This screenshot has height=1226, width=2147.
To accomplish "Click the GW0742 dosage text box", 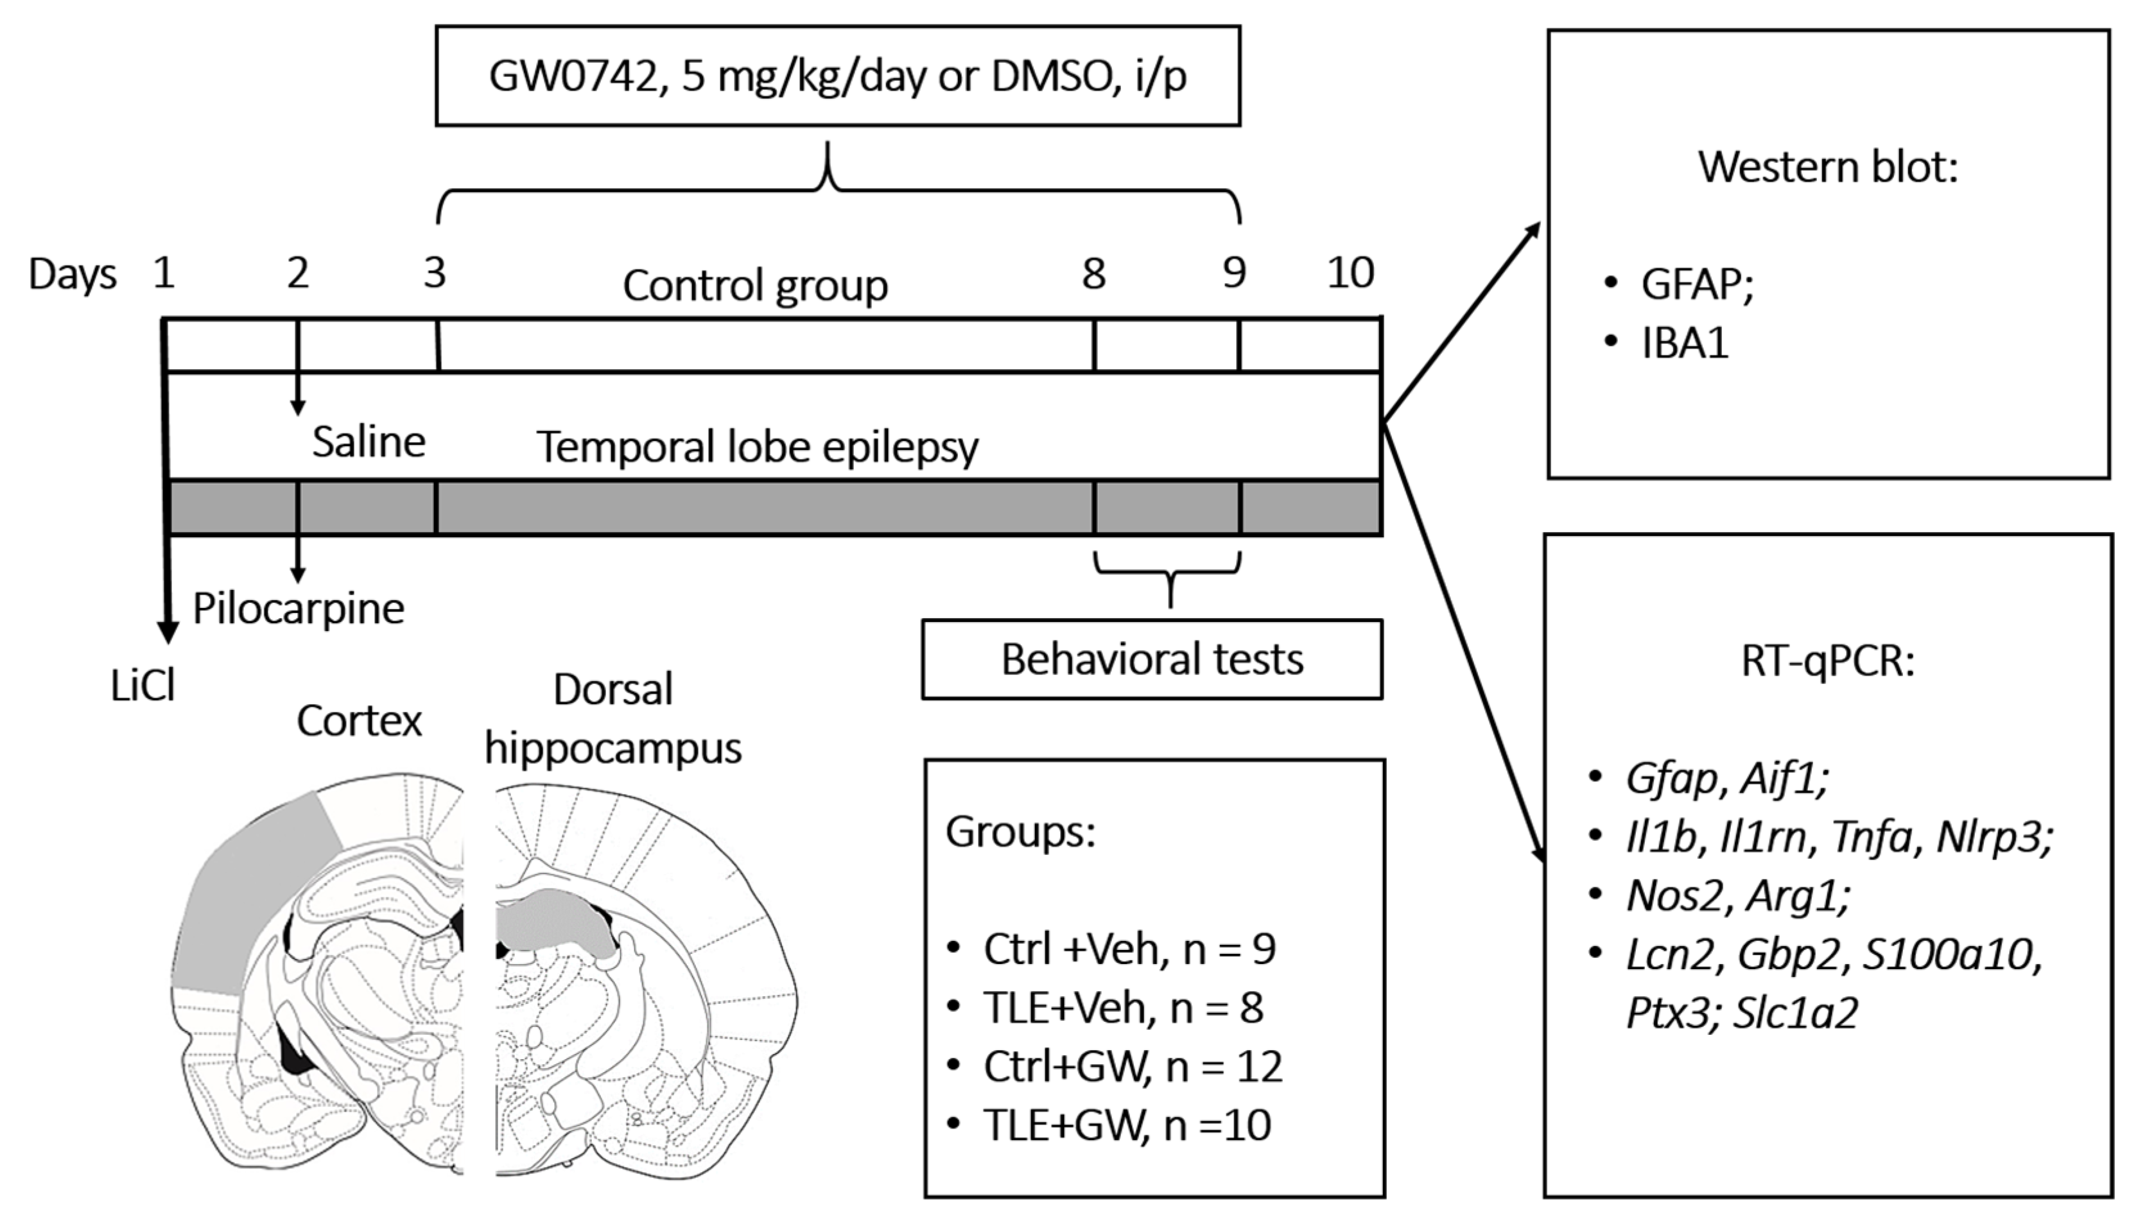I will click(837, 76).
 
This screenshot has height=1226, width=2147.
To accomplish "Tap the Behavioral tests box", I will click(1151, 659).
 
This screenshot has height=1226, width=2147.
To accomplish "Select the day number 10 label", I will click(1350, 273).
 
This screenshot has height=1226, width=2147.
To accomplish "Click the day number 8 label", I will click(1093, 273).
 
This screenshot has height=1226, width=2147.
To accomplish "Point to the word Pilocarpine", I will click(298, 608).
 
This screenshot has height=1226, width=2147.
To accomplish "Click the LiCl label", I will click(143, 686).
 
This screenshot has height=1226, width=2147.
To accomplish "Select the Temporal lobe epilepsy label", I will click(757, 446).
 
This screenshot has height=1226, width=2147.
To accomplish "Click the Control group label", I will click(754, 286).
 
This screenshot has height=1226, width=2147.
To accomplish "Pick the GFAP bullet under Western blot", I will click(1696, 284).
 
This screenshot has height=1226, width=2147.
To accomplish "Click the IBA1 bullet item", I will click(1684, 343).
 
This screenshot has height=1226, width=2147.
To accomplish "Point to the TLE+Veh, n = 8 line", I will click(1122, 1008).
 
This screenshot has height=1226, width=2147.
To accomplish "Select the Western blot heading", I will click(1827, 167).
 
